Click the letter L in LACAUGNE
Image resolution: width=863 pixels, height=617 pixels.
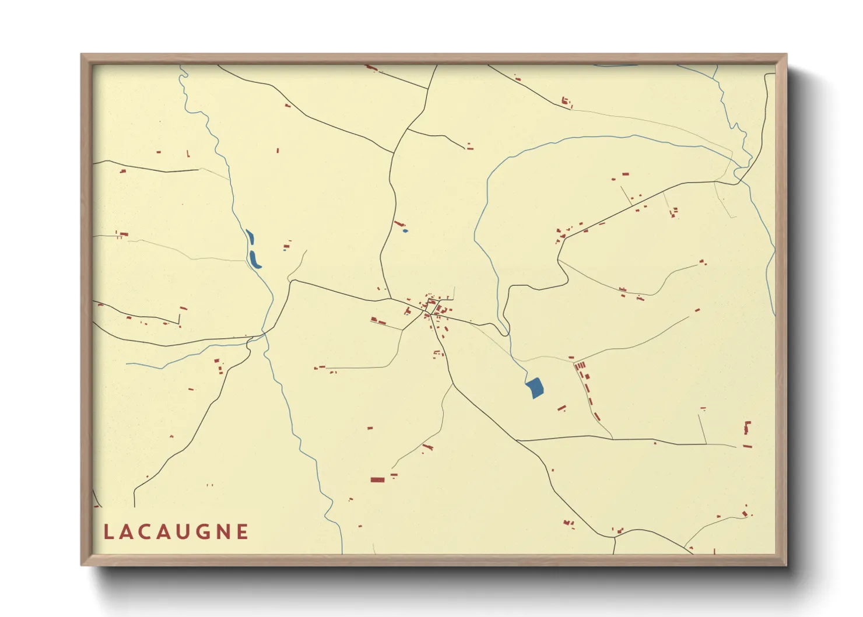[x=108, y=532]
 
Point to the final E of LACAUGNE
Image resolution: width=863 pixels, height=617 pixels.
[x=243, y=532]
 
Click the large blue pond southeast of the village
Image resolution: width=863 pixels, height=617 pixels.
[x=534, y=387]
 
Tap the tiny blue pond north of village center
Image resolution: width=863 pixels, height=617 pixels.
[x=405, y=231]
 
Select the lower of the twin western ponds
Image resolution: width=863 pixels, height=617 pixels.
[x=254, y=260]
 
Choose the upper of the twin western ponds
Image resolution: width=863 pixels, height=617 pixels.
[x=250, y=237]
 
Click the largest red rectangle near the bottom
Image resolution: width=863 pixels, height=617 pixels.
[x=377, y=480]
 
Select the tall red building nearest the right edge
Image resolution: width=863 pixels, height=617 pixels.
[x=747, y=427]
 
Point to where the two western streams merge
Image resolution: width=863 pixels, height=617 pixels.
[x=264, y=334]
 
